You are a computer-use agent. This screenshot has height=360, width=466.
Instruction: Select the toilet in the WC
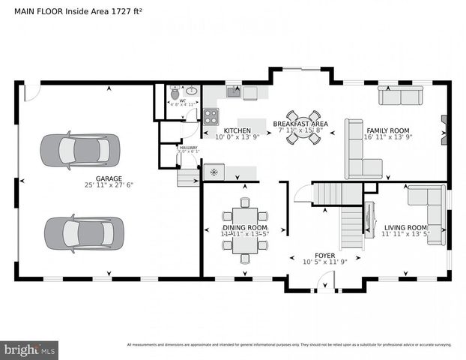click(x=175, y=94)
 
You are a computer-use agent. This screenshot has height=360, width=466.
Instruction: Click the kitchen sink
click(x=233, y=92)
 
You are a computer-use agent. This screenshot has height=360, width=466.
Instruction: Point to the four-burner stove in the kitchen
click(x=211, y=116)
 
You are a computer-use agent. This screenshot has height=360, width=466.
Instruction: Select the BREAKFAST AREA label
click(x=300, y=124)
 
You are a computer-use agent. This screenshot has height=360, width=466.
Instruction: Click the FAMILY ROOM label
click(x=392, y=130)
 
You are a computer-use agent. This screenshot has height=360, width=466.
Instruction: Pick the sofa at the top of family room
click(x=400, y=96)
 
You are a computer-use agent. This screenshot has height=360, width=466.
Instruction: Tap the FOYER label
click(x=324, y=255)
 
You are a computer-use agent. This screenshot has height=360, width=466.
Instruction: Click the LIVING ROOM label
click(x=405, y=227)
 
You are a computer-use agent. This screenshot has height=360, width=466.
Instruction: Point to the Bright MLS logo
click(x=30, y=349)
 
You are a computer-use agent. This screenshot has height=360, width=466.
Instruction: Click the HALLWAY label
click(x=188, y=148)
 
